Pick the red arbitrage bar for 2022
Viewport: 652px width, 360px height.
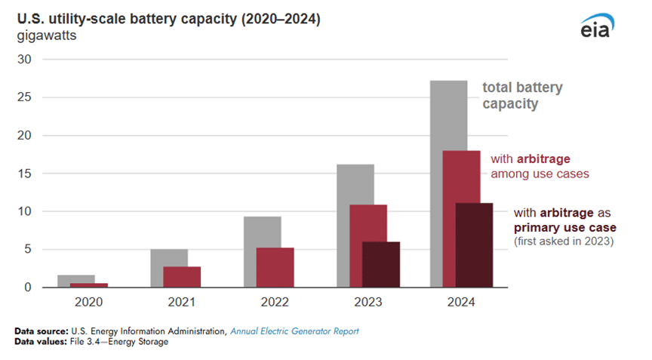click(275, 267)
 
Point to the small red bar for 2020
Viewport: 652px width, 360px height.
click(88, 285)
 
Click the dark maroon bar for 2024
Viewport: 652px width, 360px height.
click(474, 245)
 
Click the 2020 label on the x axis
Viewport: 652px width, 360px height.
click(88, 301)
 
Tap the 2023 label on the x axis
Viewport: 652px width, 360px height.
click(368, 301)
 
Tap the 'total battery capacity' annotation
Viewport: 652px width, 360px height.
click(522, 96)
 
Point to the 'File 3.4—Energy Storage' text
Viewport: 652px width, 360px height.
click(120, 342)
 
